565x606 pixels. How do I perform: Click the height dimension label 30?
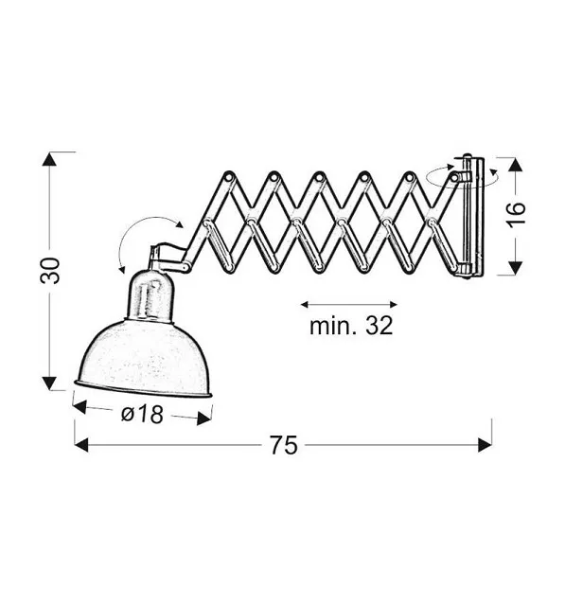[50, 271]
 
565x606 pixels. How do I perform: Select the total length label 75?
[284, 445]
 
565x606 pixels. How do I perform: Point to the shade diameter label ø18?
[142, 415]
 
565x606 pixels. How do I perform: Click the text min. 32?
[351, 326]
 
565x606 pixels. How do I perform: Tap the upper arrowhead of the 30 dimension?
[49, 159]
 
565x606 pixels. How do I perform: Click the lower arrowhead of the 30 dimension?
[49, 383]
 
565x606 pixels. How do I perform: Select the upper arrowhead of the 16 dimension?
[516, 164]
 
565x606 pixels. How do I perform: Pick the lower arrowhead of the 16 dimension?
[516, 268]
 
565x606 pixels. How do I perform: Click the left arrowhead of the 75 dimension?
[81, 445]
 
